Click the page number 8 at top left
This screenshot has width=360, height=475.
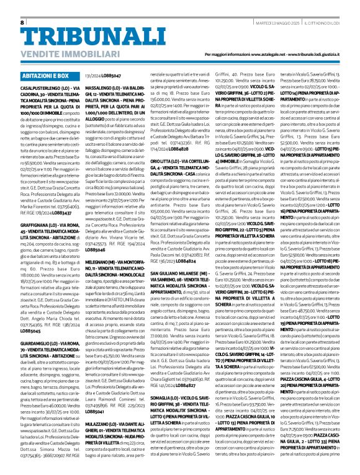(22, 22)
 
